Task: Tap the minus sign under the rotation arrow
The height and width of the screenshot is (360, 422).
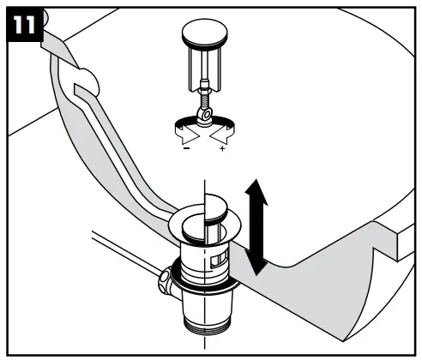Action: [186, 150]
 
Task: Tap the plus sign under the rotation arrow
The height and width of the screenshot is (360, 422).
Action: [223, 150]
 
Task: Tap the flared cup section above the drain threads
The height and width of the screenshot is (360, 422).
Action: [206, 296]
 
